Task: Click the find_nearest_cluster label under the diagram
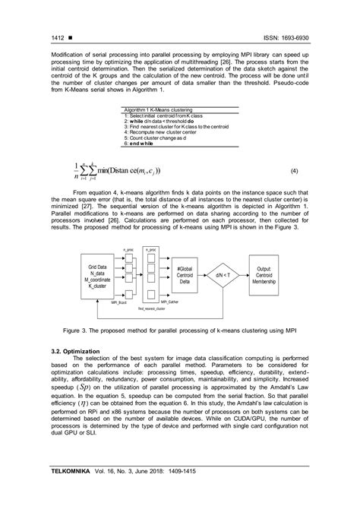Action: click(152, 309)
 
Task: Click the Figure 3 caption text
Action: click(180, 331)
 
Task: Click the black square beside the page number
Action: click(71, 36)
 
